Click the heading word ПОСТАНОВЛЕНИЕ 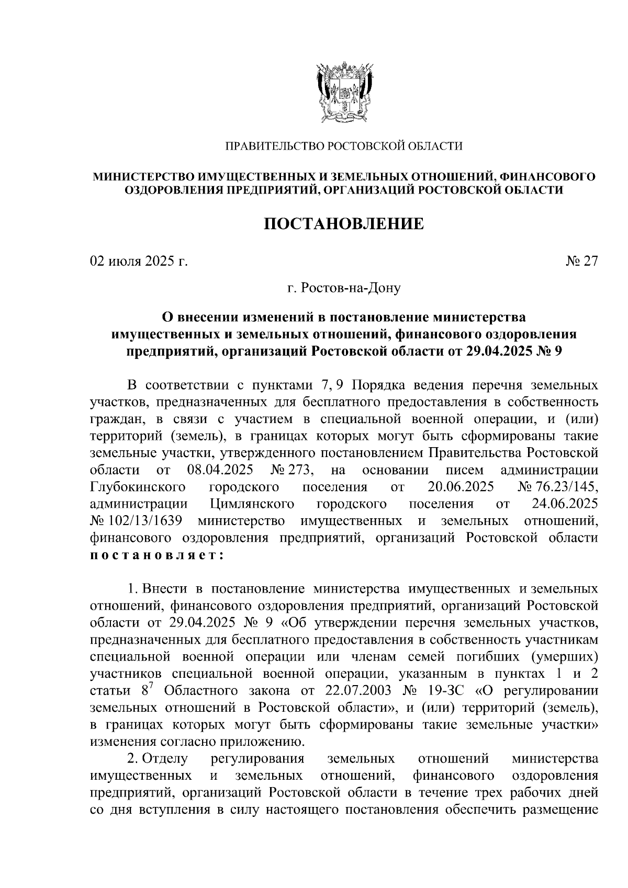343,224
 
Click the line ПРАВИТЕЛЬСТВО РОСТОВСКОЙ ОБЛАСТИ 344,146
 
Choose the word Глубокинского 138,487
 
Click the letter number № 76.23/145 557,487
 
